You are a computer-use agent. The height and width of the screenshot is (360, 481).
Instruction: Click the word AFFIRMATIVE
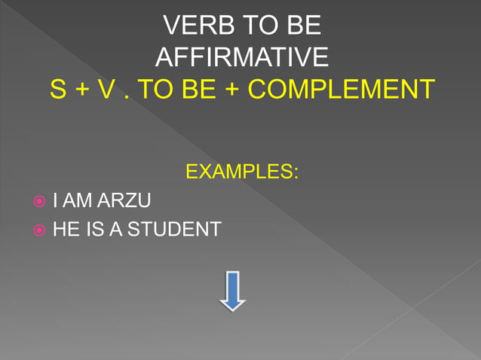[241, 57]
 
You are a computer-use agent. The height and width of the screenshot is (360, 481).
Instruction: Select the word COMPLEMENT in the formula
[342, 90]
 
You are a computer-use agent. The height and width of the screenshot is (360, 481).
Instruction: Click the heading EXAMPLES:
[241, 172]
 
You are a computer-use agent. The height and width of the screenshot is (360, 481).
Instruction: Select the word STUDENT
[174, 230]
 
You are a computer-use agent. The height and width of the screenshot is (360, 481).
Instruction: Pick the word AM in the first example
[76, 201]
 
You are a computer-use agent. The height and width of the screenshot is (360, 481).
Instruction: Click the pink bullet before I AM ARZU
[39, 201]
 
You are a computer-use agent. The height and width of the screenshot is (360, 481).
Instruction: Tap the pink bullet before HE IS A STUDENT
[39, 230]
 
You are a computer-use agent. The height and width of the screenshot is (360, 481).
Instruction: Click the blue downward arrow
[232, 290]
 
